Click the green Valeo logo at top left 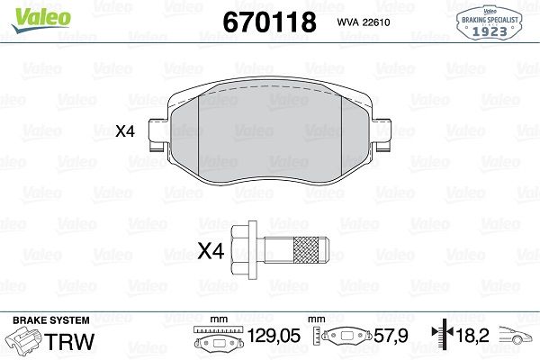pos(31,13)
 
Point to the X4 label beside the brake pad pos(125,131)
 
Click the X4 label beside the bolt pos(210,252)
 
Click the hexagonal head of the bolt pos(244,245)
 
